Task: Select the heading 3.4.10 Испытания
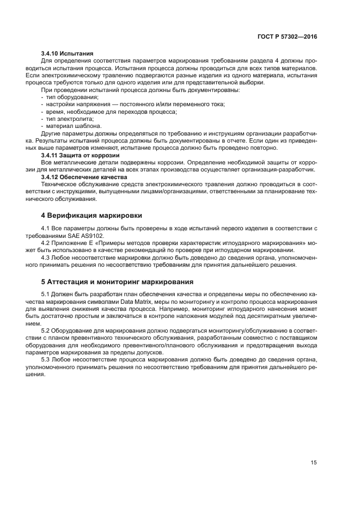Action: pyautogui.click(x=67, y=54)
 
